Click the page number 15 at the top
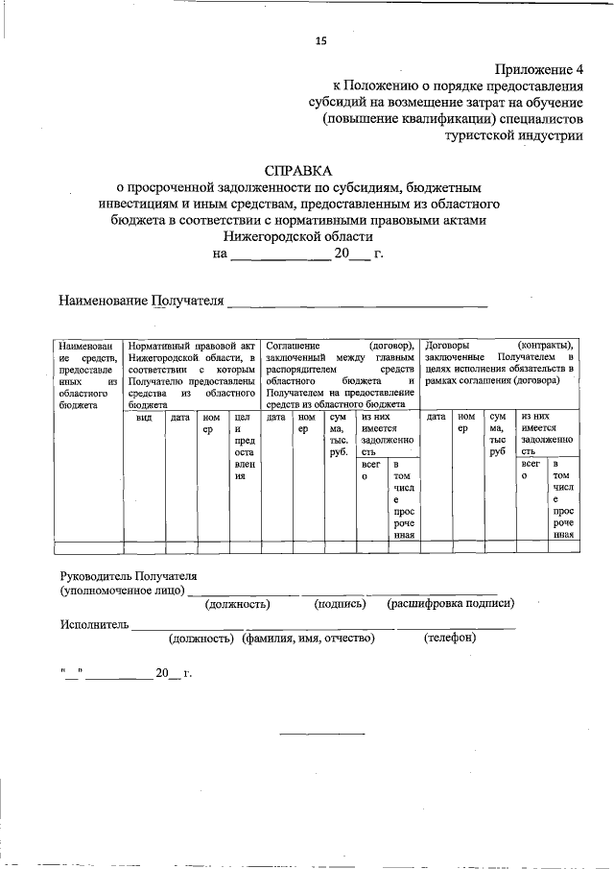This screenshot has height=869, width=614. point(321,39)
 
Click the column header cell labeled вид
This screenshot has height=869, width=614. point(144,418)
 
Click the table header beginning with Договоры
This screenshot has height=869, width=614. point(499,369)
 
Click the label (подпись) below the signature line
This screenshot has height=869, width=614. point(341,604)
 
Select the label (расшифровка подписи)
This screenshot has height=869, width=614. point(450,604)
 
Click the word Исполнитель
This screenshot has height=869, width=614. point(94,624)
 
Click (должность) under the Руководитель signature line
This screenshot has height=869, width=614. point(236,604)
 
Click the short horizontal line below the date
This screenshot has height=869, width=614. point(321,735)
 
